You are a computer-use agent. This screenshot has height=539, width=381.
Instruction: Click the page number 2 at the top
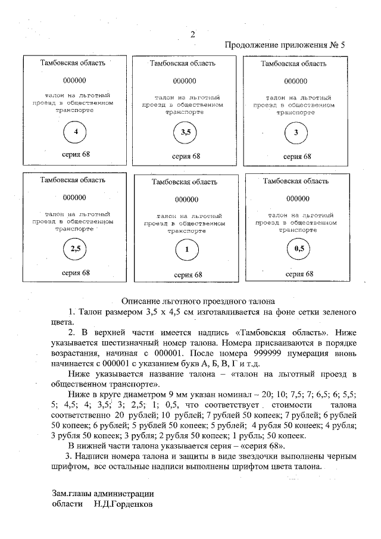[x=192, y=34]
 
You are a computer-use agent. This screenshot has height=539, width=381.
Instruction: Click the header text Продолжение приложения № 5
[x=285, y=45]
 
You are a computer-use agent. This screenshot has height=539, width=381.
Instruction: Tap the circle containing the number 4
[x=75, y=132]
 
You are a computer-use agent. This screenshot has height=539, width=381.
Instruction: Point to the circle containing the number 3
[x=296, y=132]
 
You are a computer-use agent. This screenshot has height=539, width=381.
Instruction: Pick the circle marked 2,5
[x=75, y=249]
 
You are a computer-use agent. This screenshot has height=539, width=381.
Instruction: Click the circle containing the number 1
[x=186, y=251]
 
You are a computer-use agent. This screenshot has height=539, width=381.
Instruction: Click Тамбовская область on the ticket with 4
[x=73, y=63]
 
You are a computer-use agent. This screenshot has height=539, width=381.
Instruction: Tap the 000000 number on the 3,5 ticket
[x=185, y=81]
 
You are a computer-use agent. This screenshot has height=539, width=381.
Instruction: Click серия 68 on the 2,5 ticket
[x=76, y=272]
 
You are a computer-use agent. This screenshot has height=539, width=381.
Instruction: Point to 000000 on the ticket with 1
[x=187, y=200]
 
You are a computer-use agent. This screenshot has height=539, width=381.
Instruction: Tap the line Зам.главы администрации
[x=103, y=493]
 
